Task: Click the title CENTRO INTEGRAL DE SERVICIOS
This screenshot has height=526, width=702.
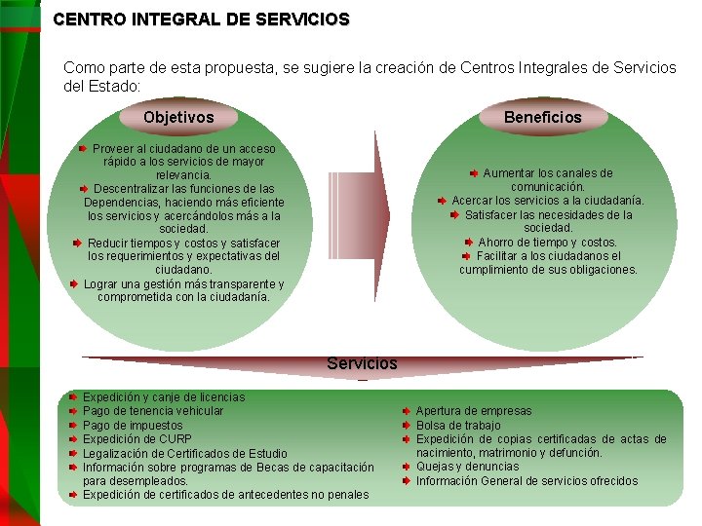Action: (x=201, y=19)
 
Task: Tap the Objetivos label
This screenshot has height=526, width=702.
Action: (x=178, y=118)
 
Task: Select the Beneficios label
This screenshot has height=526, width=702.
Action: (x=542, y=118)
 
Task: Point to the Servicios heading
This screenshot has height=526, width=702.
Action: (x=362, y=363)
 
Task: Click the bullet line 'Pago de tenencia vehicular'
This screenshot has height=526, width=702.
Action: (x=153, y=411)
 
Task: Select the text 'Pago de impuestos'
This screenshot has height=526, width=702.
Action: (x=133, y=426)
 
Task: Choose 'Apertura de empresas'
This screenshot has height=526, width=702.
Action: (x=474, y=411)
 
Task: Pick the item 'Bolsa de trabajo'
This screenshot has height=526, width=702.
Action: (x=458, y=426)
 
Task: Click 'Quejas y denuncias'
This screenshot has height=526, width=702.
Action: (x=467, y=467)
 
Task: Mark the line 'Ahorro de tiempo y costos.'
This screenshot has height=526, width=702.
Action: (x=547, y=243)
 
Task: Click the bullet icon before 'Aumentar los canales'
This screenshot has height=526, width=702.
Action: (x=474, y=173)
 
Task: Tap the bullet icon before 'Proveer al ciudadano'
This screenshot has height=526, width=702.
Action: (x=84, y=149)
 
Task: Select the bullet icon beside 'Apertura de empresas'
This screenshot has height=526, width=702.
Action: (x=406, y=411)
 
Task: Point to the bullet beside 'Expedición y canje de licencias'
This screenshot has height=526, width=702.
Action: (x=72, y=397)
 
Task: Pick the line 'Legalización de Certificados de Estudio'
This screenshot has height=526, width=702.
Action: (x=185, y=453)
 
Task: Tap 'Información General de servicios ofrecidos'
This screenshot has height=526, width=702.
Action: (x=526, y=480)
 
